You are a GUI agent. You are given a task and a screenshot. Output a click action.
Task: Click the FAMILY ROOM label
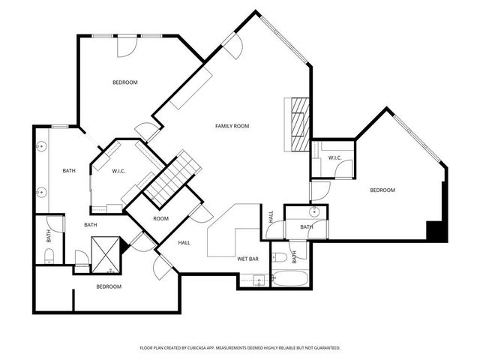[x=232, y=126]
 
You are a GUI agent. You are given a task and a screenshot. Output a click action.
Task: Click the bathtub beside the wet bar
[x=289, y=280]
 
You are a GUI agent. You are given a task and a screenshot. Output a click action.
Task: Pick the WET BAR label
[x=248, y=258]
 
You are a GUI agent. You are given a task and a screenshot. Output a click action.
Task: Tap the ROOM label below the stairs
[x=160, y=219]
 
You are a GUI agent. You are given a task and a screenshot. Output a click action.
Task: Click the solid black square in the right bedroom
[x=436, y=231]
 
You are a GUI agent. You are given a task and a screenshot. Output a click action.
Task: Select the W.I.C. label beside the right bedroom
[x=334, y=157]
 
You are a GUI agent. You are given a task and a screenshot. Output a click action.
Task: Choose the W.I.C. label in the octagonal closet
[x=118, y=171]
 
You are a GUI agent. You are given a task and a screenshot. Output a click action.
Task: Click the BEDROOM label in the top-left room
[x=125, y=82]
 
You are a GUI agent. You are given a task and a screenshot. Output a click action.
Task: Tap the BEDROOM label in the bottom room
[x=109, y=286]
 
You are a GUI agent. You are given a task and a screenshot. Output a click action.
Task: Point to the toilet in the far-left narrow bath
[x=49, y=257]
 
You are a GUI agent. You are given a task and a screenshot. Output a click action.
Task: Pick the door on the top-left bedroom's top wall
[x=127, y=45]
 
